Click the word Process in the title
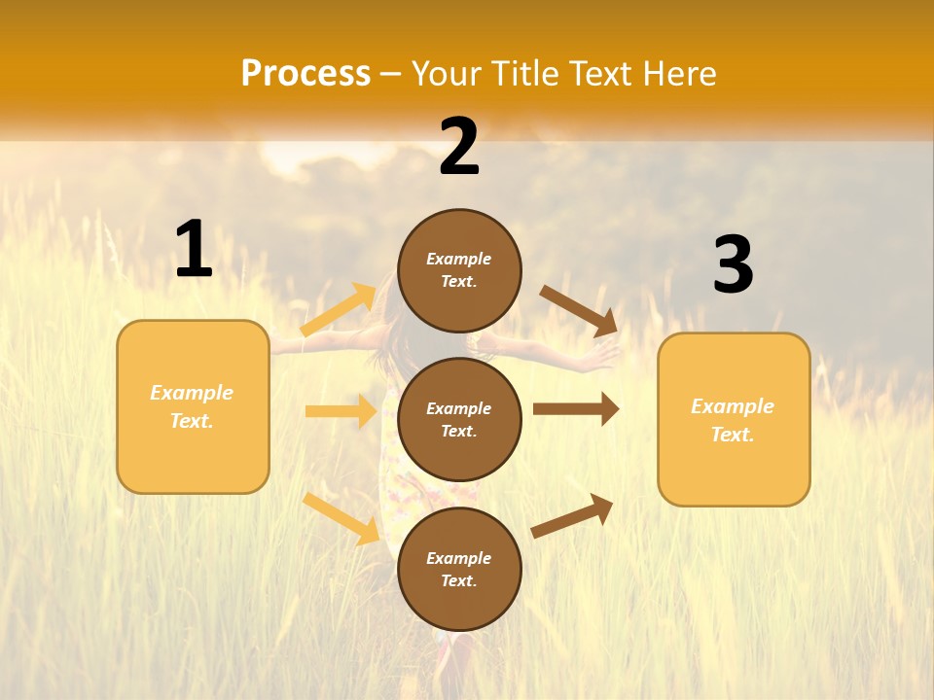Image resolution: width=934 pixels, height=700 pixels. click(305, 74)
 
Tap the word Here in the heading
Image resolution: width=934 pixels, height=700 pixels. click(676, 74)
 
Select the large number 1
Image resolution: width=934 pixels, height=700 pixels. click(193, 250)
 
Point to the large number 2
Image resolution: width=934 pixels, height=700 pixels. click(459, 147)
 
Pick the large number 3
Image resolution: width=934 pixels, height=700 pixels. click(733, 264)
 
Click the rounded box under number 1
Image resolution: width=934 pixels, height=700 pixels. click(193, 406)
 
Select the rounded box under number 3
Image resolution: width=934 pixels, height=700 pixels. click(734, 420)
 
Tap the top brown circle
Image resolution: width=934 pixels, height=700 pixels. click(459, 270)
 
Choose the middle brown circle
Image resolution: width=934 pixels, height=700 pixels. click(459, 419)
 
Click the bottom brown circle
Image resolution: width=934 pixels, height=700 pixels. click(459, 569)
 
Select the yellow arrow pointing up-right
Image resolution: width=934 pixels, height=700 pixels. click(340, 310)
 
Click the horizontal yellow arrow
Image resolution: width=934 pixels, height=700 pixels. click(341, 411)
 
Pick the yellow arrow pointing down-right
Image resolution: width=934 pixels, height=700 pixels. click(341, 518)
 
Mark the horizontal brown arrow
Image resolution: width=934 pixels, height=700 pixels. click(576, 408)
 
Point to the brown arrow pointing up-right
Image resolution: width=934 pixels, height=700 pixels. click(573, 515)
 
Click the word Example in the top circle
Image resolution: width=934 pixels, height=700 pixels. click(459, 259)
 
